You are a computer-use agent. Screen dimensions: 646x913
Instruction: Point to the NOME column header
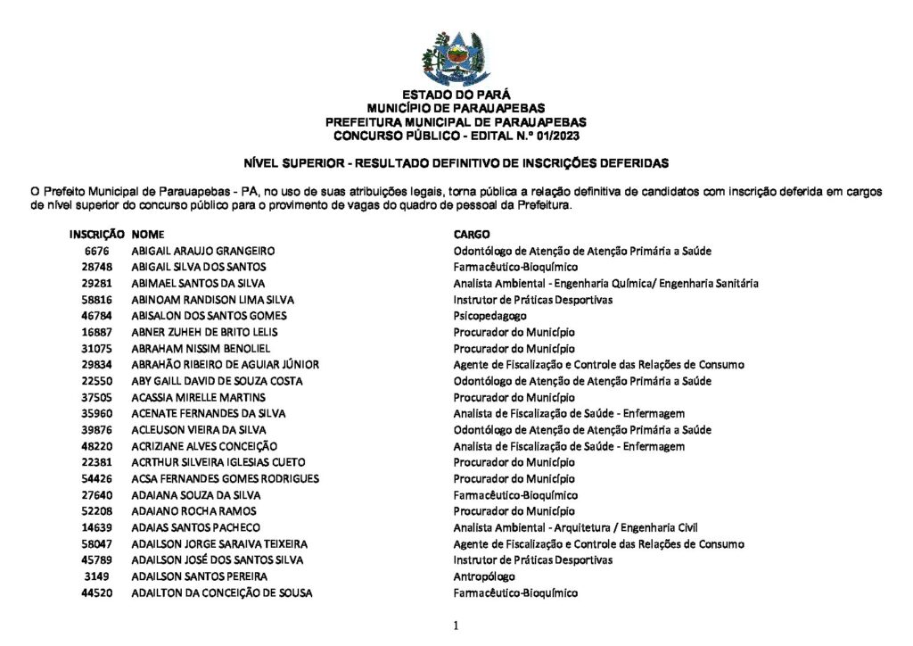(x=148, y=234)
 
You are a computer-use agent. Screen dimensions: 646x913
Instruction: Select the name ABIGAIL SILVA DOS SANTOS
(x=199, y=267)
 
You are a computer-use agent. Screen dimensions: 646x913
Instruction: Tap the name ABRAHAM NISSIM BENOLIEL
(x=201, y=348)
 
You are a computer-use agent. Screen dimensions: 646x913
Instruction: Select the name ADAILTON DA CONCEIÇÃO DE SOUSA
(x=222, y=592)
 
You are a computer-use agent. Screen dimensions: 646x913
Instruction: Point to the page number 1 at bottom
(x=456, y=626)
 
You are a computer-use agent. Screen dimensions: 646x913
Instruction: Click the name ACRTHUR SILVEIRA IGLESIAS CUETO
(x=218, y=462)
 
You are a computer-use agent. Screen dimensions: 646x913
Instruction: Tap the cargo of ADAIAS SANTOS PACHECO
(x=576, y=527)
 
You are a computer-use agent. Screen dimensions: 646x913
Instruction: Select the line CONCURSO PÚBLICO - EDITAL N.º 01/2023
(x=456, y=136)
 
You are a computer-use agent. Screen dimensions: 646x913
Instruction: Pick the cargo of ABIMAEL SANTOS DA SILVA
(x=606, y=283)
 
